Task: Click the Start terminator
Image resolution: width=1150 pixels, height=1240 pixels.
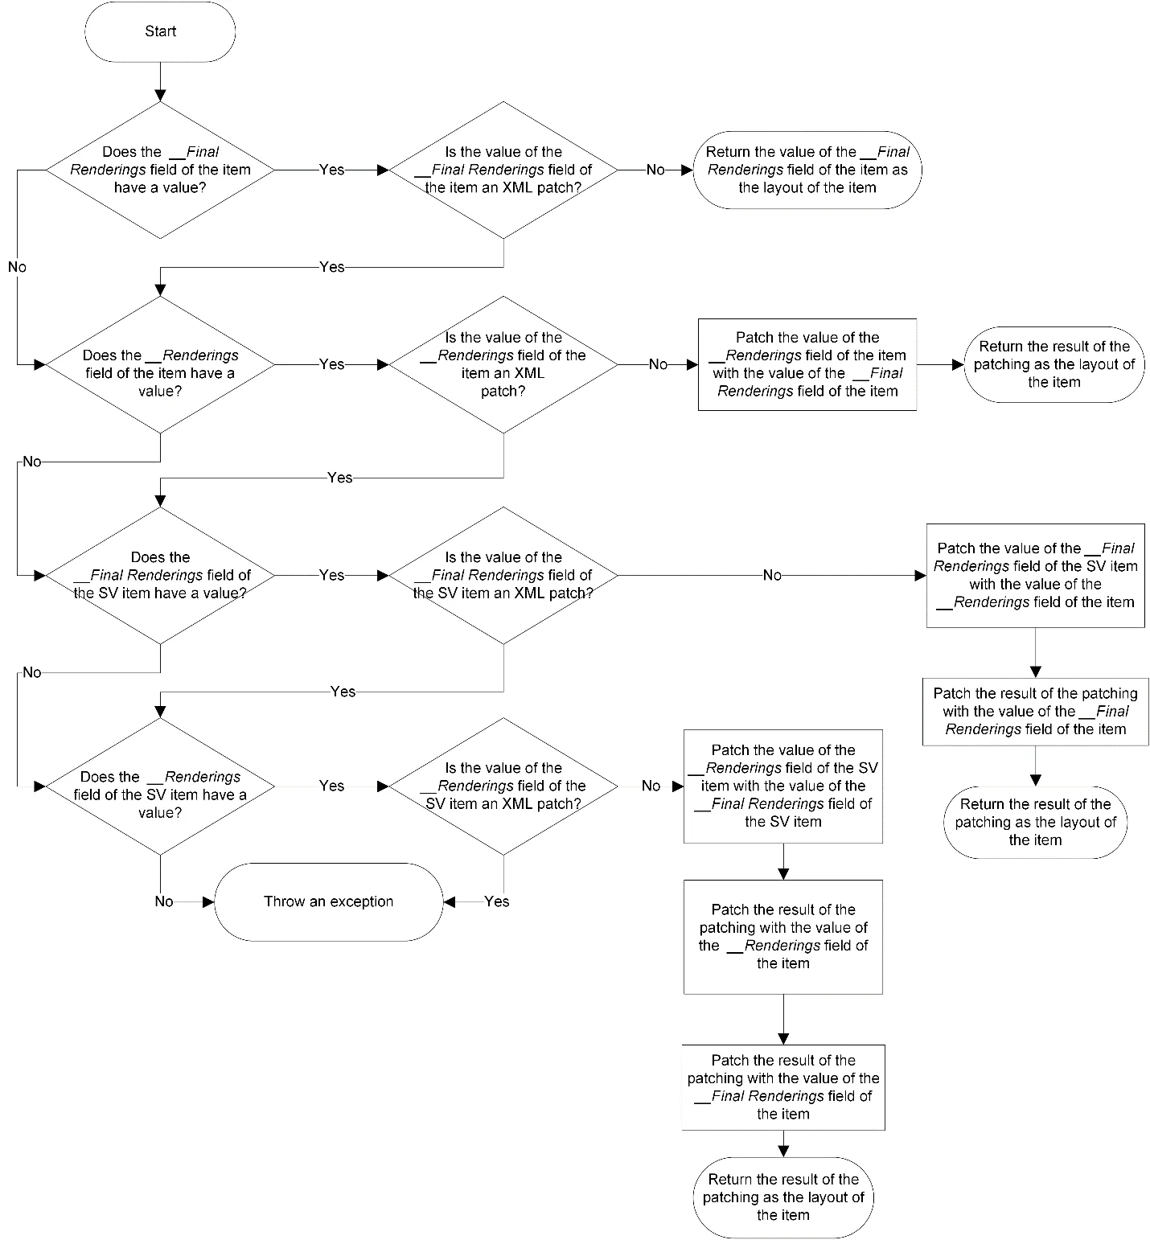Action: click(x=160, y=31)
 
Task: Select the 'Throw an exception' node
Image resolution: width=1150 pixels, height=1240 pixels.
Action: click(x=328, y=901)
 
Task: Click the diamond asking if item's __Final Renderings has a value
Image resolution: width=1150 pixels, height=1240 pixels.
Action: click(x=160, y=170)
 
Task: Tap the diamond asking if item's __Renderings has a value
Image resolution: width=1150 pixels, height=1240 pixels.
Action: click(x=160, y=365)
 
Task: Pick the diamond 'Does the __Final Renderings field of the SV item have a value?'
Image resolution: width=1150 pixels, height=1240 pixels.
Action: click(x=160, y=575)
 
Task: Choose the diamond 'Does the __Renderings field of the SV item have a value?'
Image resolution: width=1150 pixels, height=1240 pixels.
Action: click(x=160, y=786)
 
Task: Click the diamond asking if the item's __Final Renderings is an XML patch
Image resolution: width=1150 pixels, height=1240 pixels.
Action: click(x=503, y=170)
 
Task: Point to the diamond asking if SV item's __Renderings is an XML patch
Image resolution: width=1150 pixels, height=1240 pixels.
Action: click(x=503, y=786)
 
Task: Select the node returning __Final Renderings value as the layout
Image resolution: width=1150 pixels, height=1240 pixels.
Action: click(x=807, y=170)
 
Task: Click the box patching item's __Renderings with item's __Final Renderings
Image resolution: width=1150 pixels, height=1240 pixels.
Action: click(x=807, y=364)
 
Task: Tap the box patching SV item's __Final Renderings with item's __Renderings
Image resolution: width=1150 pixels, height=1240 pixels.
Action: click(x=1036, y=576)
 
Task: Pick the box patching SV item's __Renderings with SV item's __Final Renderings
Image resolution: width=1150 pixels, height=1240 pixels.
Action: click(x=783, y=786)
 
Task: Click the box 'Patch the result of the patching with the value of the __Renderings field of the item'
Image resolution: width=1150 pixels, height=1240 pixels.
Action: click(x=783, y=937)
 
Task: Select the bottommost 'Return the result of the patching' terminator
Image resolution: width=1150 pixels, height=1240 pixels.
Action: click(x=783, y=1197)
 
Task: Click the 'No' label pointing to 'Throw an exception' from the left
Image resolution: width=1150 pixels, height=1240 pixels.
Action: click(x=164, y=901)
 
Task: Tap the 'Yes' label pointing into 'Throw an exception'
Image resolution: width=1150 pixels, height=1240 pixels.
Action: click(x=497, y=901)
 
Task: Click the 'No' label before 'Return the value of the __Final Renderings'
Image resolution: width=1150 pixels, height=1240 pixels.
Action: click(x=656, y=170)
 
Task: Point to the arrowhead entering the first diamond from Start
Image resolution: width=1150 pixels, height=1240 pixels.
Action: click(x=160, y=96)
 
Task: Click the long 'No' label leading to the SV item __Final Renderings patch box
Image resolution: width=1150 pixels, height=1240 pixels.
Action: click(x=772, y=575)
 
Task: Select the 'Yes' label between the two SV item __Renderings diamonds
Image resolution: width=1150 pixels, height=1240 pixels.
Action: click(x=331, y=786)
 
